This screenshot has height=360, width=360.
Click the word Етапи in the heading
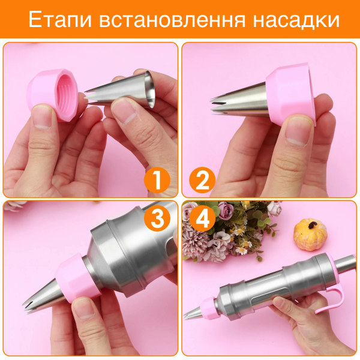tap(60, 19)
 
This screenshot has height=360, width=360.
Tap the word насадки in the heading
tap(296, 20)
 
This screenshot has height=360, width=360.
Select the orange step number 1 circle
tap(157, 180)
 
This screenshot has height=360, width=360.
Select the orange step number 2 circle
tap(202, 180)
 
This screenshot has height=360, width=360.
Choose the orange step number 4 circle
tap(202, 218)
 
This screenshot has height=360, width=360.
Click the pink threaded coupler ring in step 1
tap(53, 94)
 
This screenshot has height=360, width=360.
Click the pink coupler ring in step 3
tap(76, 278)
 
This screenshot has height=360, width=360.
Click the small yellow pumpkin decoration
tap(310, 232)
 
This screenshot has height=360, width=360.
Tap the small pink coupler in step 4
tap(208, 308)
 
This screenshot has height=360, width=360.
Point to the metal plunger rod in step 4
tap(346, 264)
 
